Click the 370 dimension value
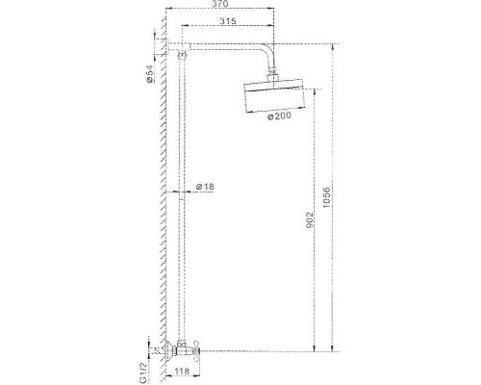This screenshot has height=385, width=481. pos(220,4)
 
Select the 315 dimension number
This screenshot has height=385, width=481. pos(228,21)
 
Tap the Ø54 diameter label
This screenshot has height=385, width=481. pos(150,74)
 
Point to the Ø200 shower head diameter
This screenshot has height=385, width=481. pos(279,115)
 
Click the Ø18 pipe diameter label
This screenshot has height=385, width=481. pos(205,187)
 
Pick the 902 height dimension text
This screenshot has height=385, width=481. pos(310,220)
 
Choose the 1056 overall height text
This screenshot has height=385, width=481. pos(326,197)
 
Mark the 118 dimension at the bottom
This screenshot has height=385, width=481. pos(182,372)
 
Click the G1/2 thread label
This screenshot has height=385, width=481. pos(143,372)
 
